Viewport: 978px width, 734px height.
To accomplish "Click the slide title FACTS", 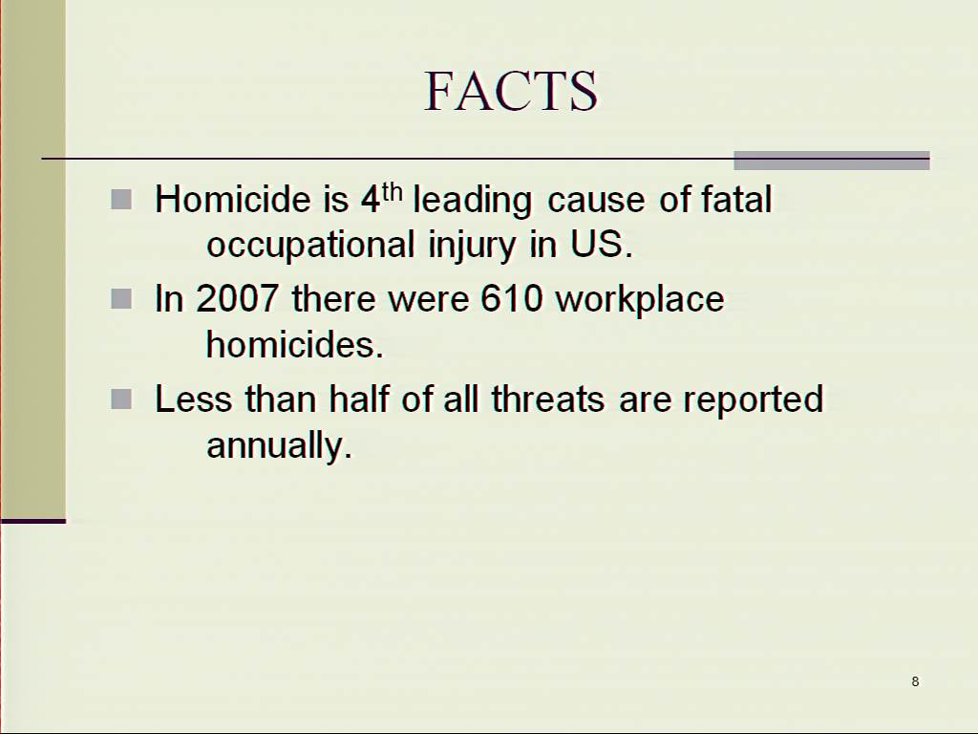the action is click(x=511, y=91).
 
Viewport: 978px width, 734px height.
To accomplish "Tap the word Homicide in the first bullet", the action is click(x=233, y=199).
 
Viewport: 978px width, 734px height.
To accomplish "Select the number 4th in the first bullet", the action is click(x=382, y=198).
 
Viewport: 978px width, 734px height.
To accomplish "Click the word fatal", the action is click(x=736, y=199).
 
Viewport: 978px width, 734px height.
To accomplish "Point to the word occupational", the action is click(x=310, y=245).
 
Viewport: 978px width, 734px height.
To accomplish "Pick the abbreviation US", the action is click(x=602, y=244).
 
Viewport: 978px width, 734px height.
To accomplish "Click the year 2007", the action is click(x=237, y=298).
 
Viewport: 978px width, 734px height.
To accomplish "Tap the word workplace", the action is click(x=639, y=300).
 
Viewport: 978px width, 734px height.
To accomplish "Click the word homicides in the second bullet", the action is click(x=294, y=344).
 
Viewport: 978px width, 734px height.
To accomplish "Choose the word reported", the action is click(x=753, y=400).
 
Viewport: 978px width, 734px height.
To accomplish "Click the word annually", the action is click(x=280, y=445).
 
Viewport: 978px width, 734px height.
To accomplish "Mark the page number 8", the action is click(x=915, y=681).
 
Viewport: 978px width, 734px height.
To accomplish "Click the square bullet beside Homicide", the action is click(x=121, y=200).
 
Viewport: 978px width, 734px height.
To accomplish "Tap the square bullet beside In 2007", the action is click(x=121, y=299).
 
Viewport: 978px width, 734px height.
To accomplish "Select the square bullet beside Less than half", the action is click(x=121, y=399).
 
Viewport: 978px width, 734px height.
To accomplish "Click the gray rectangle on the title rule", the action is click(x=832, y=161).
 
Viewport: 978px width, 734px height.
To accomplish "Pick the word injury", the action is click(x=472, y=245).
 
